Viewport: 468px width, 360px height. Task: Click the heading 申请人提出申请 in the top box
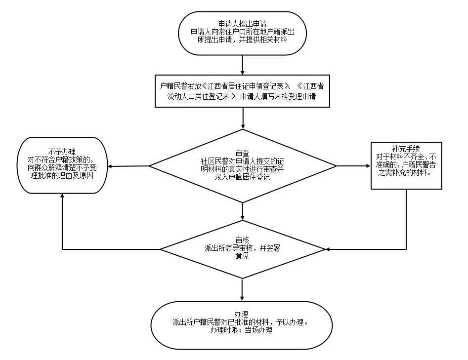pos(242,23)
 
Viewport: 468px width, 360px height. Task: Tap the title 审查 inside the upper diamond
pos(243,153)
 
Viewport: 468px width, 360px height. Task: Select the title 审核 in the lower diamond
pos(243,240)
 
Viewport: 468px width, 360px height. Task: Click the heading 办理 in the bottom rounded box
pos(242,315)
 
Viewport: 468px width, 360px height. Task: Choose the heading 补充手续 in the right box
pos(406,149)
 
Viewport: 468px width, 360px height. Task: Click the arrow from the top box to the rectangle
pos(243,64)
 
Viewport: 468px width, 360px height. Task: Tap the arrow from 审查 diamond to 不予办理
pos(128,166)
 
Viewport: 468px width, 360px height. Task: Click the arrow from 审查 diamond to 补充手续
pos(353,166)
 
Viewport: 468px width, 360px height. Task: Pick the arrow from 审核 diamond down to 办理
pos(243,289)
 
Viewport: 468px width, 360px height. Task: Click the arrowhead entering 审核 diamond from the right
pos(328,249)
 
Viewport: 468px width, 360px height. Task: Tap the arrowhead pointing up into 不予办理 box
pos(62,195)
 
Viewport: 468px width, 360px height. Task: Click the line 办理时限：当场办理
pos(241,330)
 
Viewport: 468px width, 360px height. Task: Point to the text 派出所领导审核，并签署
pos(242,248)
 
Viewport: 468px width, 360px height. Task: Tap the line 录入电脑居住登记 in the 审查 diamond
pos(243,177)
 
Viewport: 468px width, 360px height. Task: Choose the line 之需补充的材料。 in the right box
pos(406,173)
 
